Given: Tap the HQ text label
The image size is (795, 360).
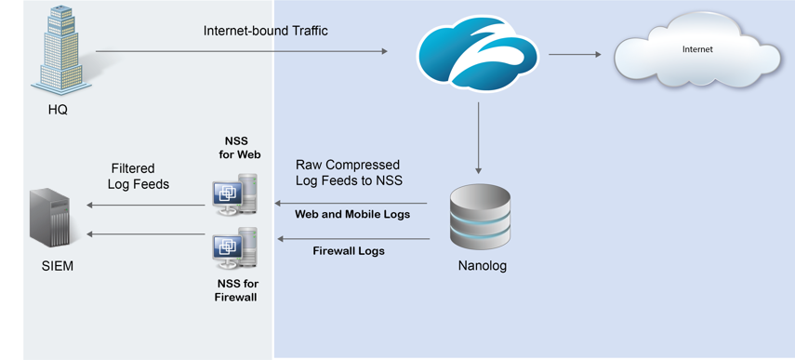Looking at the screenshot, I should click(58, 110).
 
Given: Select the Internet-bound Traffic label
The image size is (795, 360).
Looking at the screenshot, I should click(265, 31).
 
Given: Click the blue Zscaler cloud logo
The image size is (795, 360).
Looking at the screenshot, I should click(478, 54).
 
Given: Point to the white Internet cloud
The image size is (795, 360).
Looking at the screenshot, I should click(696, 51).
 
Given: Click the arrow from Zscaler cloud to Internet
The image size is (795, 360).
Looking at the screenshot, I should click(574, 55).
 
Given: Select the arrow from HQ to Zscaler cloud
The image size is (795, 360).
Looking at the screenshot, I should click(242, 52).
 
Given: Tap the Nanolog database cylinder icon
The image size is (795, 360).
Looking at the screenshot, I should click(480, 218).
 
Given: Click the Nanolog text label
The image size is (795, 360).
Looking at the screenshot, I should click(483, 266).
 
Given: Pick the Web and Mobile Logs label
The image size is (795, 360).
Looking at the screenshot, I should click(352, 214).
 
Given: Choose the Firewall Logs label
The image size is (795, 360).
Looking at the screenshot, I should click(349, 250).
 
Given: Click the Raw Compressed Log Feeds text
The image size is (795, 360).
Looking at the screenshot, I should click(349, 172).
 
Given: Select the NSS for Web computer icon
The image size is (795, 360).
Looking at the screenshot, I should click(233, 193).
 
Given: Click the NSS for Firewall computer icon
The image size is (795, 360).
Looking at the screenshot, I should click(233, 247).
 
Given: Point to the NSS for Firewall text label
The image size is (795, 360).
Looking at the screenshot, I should click(237, 289).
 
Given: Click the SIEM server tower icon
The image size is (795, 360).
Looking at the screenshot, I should click(50, 218).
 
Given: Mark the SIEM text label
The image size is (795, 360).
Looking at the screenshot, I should click(57, 266).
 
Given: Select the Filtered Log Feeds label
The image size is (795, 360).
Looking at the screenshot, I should click(139, 176).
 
